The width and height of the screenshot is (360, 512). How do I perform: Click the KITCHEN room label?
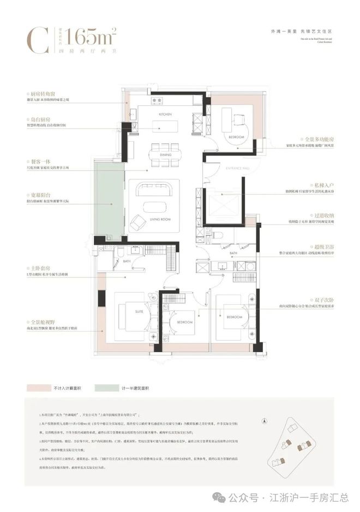(x=165, y=115)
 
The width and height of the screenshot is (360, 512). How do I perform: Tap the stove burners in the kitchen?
(x=158, y=101)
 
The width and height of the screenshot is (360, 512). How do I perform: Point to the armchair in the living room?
(x=137, y=221)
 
